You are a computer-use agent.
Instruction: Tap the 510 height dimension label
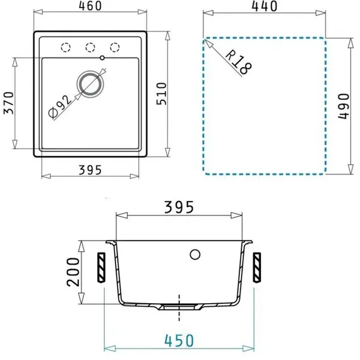coord(179,93)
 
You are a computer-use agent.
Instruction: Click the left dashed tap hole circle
coord(64,47)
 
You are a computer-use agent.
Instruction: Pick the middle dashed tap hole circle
coord(90,47)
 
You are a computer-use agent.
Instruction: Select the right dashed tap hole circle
coord(115,47)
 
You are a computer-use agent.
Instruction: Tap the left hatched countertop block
coord(101,268)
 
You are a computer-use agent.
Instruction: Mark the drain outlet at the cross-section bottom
coord(179,305)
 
